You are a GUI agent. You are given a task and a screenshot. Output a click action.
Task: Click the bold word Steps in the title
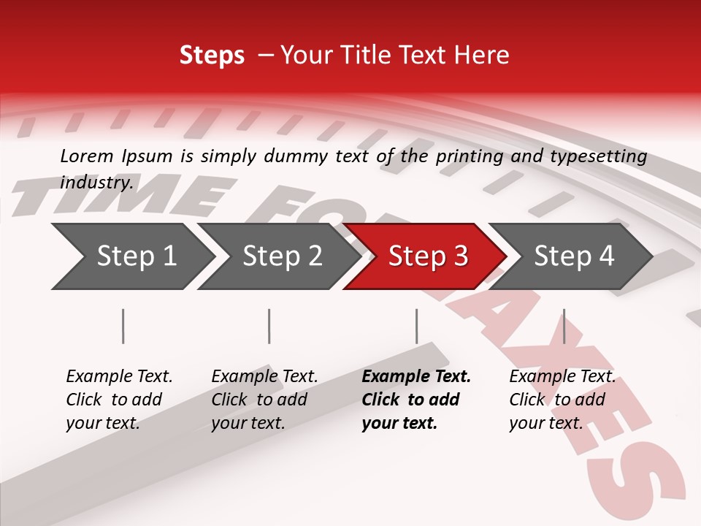click(212, 56)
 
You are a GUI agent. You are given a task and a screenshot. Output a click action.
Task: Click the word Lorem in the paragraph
click(87, 156)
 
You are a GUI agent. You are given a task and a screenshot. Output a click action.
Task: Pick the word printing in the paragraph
click(468, 156)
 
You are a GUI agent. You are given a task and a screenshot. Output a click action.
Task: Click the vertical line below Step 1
click(123, 326)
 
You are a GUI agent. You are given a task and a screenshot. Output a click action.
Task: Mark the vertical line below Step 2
click(269, 326)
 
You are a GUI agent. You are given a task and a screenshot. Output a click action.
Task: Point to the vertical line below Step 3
click(416, 326)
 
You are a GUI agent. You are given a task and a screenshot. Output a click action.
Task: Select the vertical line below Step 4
click(564, 326)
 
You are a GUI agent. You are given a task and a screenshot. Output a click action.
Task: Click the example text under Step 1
click(119, 400)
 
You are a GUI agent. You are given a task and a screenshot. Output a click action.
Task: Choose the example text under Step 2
click(264, 400)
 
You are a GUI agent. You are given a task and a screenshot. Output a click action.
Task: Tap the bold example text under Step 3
click(416, 400)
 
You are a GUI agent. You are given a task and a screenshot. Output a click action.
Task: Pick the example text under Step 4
click(562, 400)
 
